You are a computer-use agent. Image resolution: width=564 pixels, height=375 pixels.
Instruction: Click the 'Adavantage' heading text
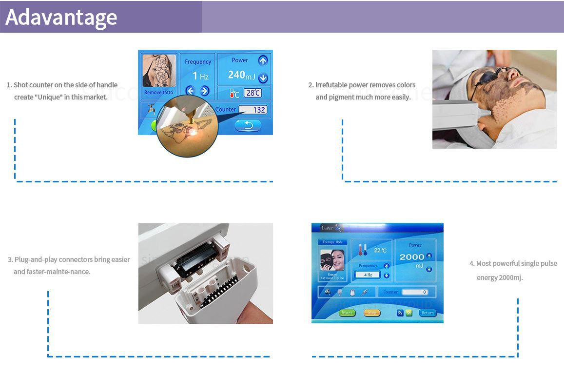(61, 17)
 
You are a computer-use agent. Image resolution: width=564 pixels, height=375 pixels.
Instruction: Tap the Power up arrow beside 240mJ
(263, 60)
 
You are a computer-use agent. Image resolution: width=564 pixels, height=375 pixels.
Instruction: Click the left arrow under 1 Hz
(190, 91)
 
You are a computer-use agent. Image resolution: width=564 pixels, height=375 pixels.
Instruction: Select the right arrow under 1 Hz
(205, 91)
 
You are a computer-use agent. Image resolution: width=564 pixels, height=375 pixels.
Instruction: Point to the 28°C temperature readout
(253, 93)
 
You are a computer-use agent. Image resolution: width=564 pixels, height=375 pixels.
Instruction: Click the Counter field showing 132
(253, 110)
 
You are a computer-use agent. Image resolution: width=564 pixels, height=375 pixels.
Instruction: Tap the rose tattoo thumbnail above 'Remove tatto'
(158, 71)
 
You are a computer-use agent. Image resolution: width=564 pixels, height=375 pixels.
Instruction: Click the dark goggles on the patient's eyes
(497, 78)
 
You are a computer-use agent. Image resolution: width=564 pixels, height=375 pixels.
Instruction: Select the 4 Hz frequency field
(368, 275)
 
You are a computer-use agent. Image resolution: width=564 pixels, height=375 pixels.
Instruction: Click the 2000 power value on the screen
(411, 257)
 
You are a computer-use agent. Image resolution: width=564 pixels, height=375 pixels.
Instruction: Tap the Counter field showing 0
(414, 292)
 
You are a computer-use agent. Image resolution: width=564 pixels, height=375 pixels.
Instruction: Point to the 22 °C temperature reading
(380, 250)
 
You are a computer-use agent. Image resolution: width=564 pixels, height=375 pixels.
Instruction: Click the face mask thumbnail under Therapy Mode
(332, 260)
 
